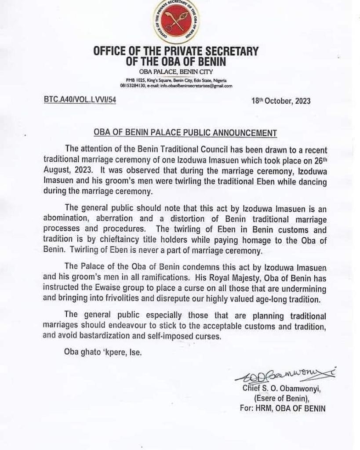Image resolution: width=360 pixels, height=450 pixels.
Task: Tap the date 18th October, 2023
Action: click(x=280, y=101)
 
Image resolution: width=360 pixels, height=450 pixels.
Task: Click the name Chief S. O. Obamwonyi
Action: click(x=284, y=388)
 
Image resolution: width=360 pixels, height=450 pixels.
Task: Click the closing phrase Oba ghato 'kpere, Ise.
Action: click(x=103, y=352)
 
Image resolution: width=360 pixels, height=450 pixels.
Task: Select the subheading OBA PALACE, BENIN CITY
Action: click(x=176, y=72)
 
